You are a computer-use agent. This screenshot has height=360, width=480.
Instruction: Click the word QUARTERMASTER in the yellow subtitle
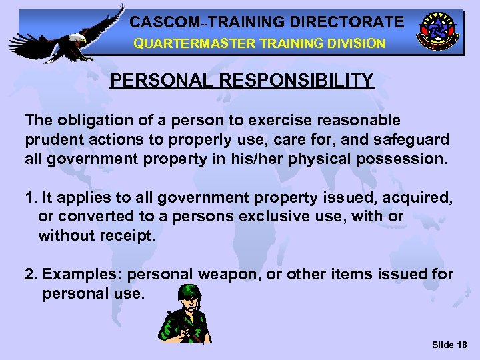[x=178, y=44]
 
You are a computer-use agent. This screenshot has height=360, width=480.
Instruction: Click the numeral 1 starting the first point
[x=29, y=198]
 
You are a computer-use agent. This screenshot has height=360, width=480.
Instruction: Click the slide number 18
[x=461, y=345]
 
